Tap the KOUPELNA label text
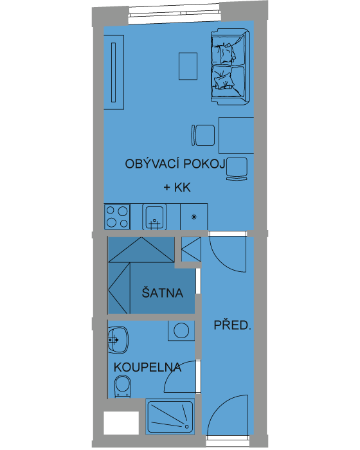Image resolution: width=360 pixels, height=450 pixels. click(x=148, y=367)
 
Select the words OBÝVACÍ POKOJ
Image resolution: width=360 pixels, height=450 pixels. click(x=175, y=163)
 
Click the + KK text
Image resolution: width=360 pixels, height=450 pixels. click(x=177, y=188)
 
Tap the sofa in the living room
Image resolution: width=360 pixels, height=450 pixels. click(x=231, y=67)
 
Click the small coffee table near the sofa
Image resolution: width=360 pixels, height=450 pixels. click(x=188, y=66)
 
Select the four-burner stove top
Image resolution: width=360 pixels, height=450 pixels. click(x=117, y=217)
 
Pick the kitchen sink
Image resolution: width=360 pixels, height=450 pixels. click(x=154, y=217)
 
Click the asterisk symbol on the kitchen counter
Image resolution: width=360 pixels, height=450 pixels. click(x=194, y=217)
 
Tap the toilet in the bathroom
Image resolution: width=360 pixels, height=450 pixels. click(x=123, y=386)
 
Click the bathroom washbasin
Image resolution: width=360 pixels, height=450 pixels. click(x=118, y=340)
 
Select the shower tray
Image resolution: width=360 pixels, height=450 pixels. click(x=170, y=417)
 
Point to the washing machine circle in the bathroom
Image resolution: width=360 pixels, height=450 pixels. click(x=181, y=330)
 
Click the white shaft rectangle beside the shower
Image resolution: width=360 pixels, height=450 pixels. click(x=121, y=423)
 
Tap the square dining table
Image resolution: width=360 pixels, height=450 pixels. click(x=237, y=135)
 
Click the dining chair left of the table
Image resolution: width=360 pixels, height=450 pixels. click(x=203, y=135)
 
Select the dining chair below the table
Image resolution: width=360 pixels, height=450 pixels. click(x=237, y=168)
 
